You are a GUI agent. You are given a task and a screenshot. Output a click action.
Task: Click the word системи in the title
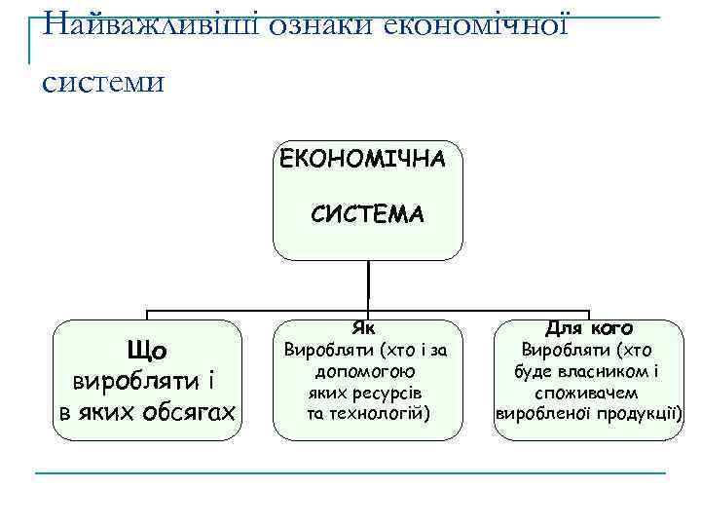(103, 81)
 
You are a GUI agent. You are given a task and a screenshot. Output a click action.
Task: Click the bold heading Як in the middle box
(368, 328)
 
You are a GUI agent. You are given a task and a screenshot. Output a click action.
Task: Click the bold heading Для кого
(589, 328)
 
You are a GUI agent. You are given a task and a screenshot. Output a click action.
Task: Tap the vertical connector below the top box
(368, 284)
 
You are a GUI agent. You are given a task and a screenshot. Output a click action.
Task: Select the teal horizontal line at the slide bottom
(350, 474)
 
